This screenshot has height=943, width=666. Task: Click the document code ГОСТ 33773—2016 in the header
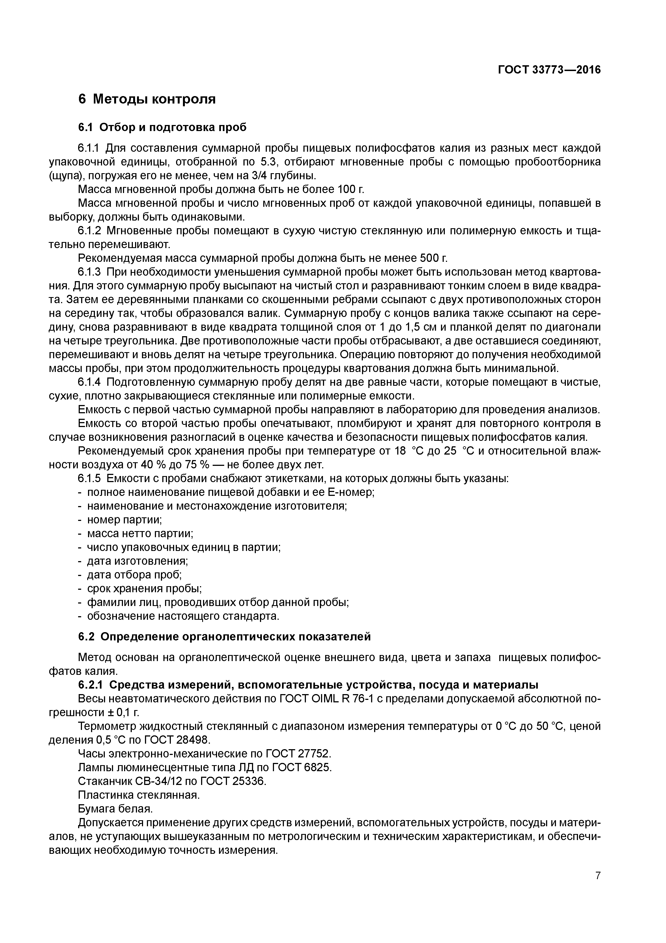(x=549, y=70)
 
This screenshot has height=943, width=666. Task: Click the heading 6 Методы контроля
(x=147, y=99)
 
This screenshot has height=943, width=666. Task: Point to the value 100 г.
(x=350, y=189)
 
